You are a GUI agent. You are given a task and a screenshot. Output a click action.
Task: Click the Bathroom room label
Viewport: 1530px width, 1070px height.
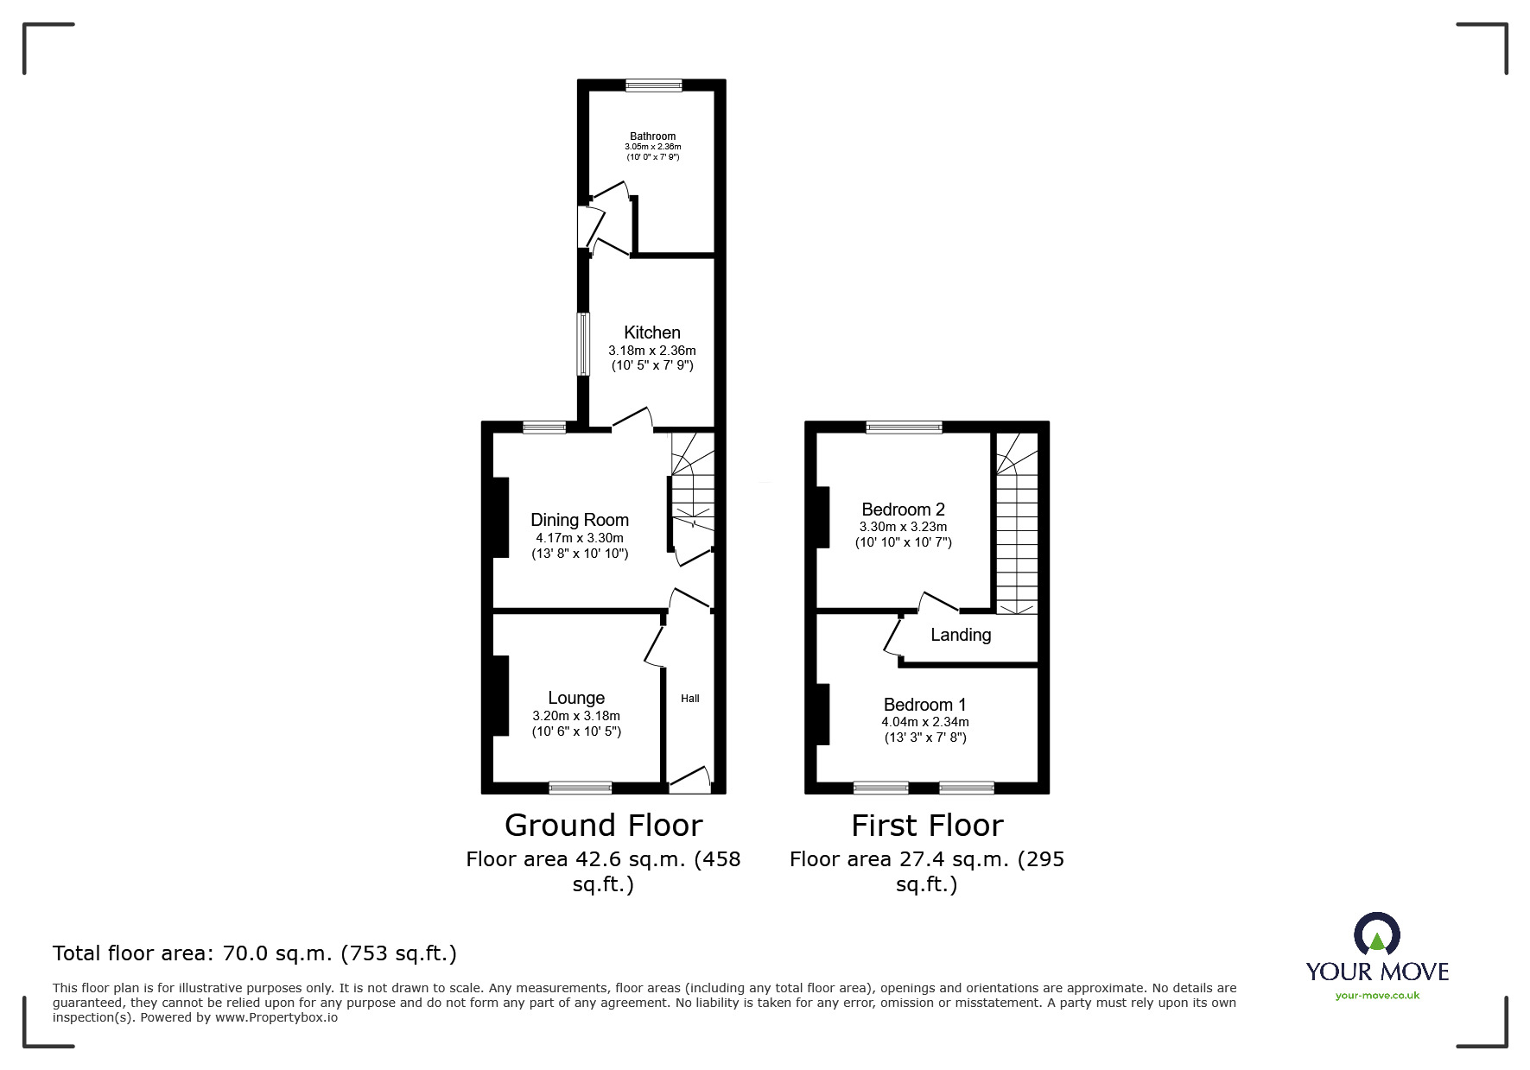652,136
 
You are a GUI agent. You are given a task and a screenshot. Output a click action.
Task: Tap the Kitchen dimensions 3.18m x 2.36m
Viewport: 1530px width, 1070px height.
652,351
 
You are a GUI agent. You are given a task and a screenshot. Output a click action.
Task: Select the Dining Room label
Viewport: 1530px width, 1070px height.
579,520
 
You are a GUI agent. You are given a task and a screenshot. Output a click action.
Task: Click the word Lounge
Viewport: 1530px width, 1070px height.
576,698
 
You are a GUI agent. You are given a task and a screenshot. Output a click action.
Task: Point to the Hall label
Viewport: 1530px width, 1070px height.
689,699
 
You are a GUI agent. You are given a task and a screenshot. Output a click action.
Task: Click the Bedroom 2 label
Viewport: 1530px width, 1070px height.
903,510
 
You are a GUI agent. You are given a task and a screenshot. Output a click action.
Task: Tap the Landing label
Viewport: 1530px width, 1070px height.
960,635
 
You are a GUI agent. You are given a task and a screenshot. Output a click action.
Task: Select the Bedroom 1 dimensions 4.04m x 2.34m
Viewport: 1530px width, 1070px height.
924,722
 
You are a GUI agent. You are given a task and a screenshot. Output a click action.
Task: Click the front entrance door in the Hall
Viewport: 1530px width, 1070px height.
689,781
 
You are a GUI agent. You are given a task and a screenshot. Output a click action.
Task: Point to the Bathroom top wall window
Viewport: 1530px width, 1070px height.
653,85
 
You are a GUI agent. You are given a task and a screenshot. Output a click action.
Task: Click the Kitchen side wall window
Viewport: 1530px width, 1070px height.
583,344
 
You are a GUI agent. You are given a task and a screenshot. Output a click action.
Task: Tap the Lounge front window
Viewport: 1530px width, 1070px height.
580,788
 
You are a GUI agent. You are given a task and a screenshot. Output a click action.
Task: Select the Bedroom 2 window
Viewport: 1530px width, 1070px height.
904,427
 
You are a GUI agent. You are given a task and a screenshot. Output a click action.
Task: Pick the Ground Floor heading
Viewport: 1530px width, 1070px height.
603,826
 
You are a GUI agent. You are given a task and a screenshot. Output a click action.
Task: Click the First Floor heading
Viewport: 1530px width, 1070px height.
926,826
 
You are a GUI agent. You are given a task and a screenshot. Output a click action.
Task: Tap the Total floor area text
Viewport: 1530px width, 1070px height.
255,953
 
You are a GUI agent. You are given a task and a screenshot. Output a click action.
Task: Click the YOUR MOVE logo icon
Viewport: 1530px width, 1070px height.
1376,934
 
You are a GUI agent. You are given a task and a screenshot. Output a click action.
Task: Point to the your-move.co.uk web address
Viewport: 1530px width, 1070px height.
1377,996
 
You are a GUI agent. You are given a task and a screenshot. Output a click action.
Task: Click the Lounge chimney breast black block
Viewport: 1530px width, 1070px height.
500,696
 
